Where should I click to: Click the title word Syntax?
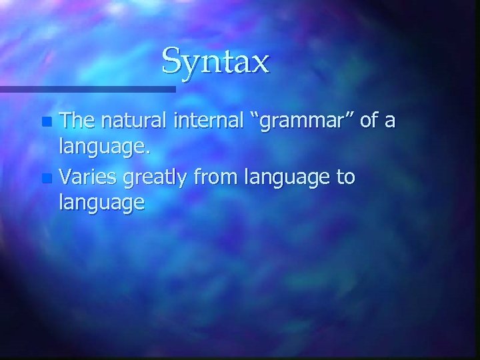coord(215,62)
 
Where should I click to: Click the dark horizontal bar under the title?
coord(87,88)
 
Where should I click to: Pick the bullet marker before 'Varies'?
coord(45,179)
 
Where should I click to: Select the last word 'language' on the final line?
coord(101,203)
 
